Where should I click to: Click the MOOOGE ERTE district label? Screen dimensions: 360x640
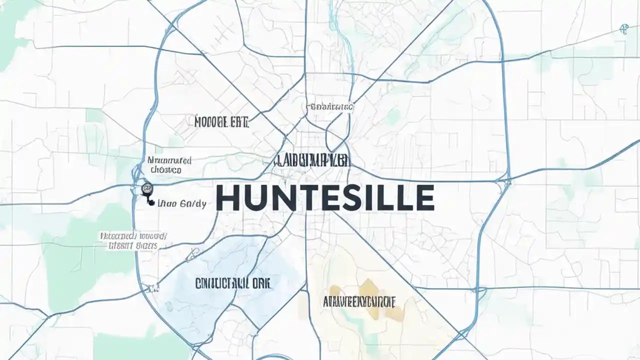click(221, 121)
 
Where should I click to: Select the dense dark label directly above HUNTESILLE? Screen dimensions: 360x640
click(312, 160)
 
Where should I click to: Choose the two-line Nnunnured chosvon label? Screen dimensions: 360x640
click(169, 165)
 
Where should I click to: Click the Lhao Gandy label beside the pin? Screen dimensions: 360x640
click(182, 204)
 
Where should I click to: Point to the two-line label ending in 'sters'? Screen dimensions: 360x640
click(133, 240)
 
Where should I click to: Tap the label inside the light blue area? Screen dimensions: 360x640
click(233, 283)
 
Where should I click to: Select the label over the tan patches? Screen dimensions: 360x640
click(359, 301)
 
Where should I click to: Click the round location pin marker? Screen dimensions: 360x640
click(147, 188)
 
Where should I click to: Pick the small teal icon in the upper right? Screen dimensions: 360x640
click(623, 29)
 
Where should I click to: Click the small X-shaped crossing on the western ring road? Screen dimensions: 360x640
click(150, 288)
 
